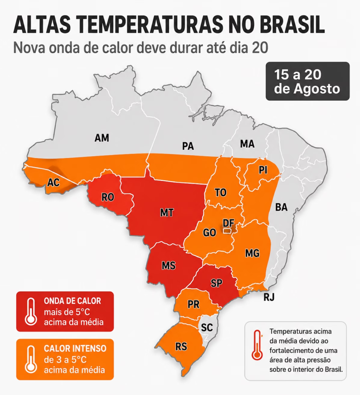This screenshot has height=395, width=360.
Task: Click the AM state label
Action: coord(102,138)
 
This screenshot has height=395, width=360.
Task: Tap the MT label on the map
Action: coord(167,213)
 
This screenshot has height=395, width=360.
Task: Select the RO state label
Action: coord(108,197)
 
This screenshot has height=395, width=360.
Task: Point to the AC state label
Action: coord(53,182)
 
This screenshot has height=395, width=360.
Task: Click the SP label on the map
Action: coord(216,284)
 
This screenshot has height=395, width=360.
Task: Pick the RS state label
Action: coord(181,347)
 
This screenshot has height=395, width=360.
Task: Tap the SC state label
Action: coord(207,327)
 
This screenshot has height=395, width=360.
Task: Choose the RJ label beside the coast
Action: coord(269,297)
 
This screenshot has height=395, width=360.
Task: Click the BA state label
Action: coord(281,207)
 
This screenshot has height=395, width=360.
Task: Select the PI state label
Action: coord(263,170)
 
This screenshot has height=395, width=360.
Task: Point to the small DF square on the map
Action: coord(227,231)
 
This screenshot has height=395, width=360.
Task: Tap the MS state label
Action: coord(169,265)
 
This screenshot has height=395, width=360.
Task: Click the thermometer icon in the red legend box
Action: coord(31,311)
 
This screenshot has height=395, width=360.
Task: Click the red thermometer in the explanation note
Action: coord(257,344)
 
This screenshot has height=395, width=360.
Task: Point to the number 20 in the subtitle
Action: coord(259,48)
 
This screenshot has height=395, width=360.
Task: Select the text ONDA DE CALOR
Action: coord(72,301)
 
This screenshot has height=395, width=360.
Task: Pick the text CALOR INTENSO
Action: coord(75,348)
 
